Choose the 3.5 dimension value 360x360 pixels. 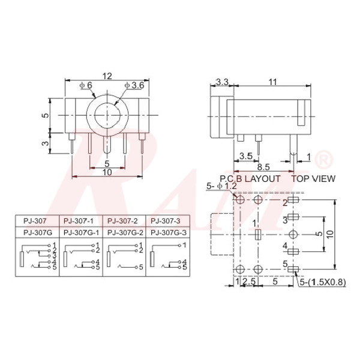click(x=245, y=157)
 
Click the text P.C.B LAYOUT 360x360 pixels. click(x=250, y=179)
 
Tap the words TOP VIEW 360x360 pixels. click(x=313, y=179)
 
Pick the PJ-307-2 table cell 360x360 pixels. click(x=124, y=221)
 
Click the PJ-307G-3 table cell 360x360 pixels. click(x=169, y=232)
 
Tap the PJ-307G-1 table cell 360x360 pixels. click(x=80, y=232)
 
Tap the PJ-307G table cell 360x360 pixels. click(x=35, y=232)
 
